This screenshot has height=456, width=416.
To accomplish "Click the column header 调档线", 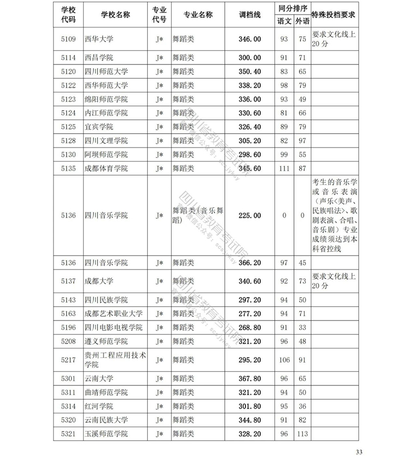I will pyautogui.click(x=249, y=15).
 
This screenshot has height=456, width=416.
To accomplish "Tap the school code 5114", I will pyautogui.click(x=68, y=57).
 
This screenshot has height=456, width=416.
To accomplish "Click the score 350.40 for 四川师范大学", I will pyautogui.click(x=249, y=71).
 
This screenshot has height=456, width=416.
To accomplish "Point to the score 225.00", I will pyautogui.click(x=249, y=215).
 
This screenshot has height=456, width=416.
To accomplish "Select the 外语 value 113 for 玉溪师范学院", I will pyautogui.click(x=302, y=434).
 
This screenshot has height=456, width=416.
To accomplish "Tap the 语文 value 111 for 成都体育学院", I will pyautogui.click(x=284, y=168).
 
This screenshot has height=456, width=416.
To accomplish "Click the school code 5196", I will pyautogui.click(x=68, y=327).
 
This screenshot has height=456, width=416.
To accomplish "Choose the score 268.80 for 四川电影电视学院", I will pyautogui.click(x=249, y=327).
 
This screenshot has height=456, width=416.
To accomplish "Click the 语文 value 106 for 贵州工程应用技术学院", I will pyautogui.click(x=284, y=359).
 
